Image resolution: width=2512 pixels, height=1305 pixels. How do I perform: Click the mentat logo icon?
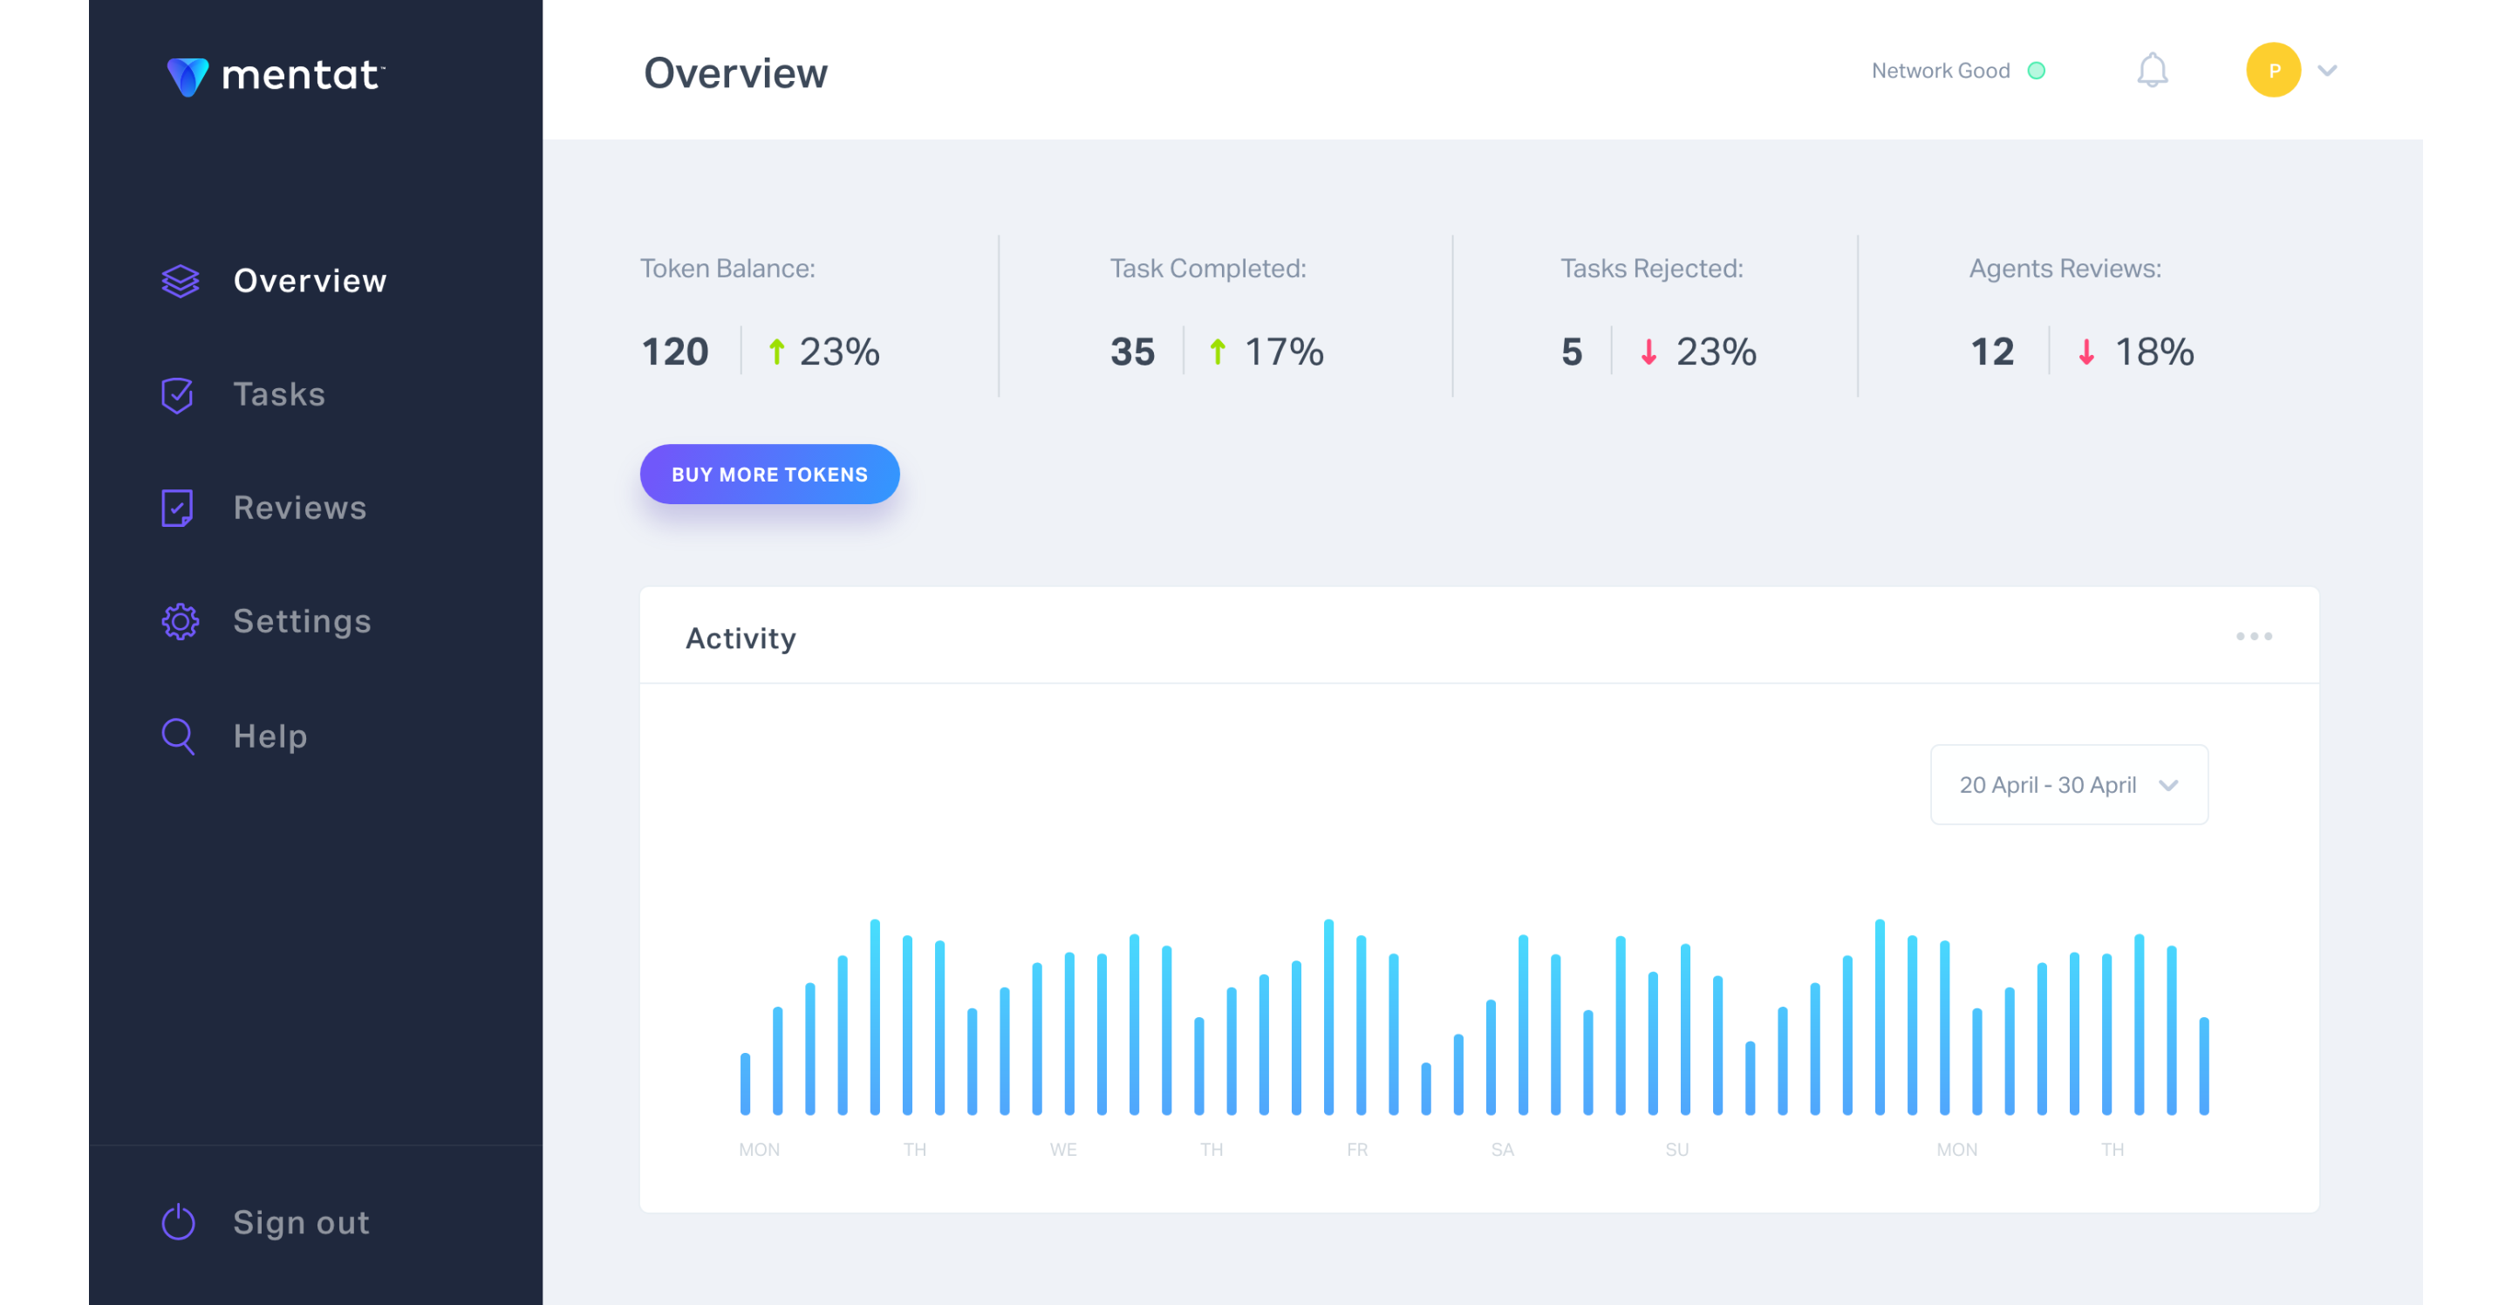188,76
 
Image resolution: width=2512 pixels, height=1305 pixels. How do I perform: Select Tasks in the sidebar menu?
278,395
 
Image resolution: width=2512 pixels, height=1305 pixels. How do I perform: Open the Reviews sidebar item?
299,509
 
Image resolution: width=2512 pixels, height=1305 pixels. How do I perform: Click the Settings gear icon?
180,622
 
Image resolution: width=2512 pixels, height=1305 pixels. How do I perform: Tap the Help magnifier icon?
177,736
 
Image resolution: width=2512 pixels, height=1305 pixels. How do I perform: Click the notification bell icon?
2152,71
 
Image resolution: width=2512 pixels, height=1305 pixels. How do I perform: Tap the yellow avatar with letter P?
2273,71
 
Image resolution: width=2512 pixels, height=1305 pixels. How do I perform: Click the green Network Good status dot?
2036,71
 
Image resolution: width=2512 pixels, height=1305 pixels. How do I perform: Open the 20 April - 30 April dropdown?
2068,785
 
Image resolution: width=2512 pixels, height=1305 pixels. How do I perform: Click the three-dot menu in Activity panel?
2254,636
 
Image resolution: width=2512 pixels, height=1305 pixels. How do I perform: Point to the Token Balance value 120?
675,352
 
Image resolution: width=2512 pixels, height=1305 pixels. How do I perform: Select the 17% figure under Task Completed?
1283,352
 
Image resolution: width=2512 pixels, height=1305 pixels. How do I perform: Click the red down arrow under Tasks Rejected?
1648,352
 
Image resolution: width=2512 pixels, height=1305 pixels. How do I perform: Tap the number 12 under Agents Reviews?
1992,352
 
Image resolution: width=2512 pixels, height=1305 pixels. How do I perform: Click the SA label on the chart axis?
1502,1150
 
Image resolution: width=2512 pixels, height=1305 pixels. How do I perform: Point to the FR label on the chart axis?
1356,1150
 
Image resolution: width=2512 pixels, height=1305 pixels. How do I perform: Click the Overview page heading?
735,73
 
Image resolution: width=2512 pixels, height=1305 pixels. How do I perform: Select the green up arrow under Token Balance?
776,352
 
